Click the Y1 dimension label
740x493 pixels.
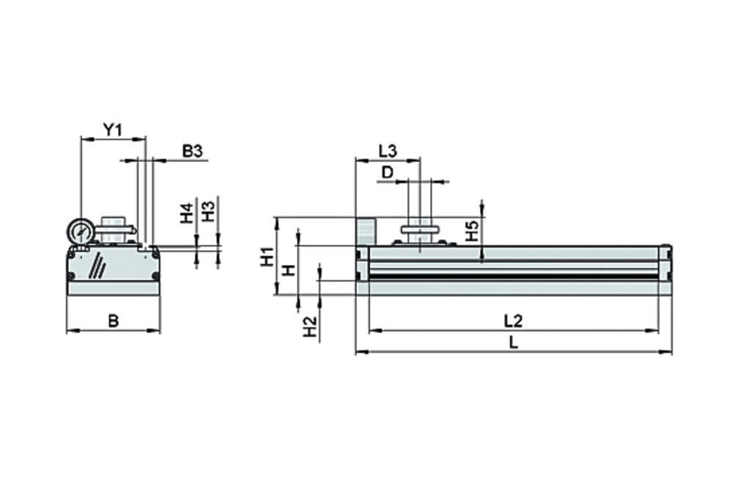(x=111, y=130)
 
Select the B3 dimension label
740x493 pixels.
(x=192, y=151)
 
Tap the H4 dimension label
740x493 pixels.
(x=187, y=213)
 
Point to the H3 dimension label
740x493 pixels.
(x=208, y=212)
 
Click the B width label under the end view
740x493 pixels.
(x=113, y=321)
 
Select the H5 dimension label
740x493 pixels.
(x=472, y=232)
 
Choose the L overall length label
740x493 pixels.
(x=514, y=343)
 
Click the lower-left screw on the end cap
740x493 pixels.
(x=71, y=277)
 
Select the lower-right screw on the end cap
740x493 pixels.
(x=155, y=276)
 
